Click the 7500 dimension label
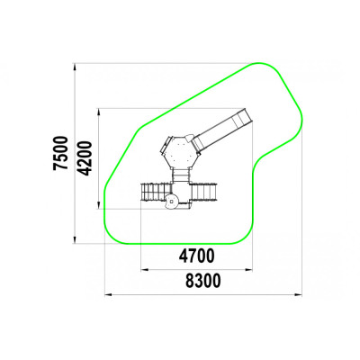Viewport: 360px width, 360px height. pyautogui.click(x=60, y=153)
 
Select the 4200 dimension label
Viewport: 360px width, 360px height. pyautogui.click(x=84, y=158)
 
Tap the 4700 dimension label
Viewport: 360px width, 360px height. pyautogui.click(x=197, y=256)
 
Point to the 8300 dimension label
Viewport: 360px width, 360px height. pyautogui.click(x=203, y=281)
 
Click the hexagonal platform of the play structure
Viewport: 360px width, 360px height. pyautogui.click(x=180, y=152)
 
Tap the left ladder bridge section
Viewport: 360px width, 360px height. pyautogui.click(x=156, y=192)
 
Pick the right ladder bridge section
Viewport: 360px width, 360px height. pyautogui.click(x=203, y=192)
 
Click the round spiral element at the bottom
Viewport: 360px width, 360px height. pyautogui.click(x=172, y=202)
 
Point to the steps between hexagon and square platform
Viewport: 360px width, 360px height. pyautogui.click(x=181, y=175)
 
